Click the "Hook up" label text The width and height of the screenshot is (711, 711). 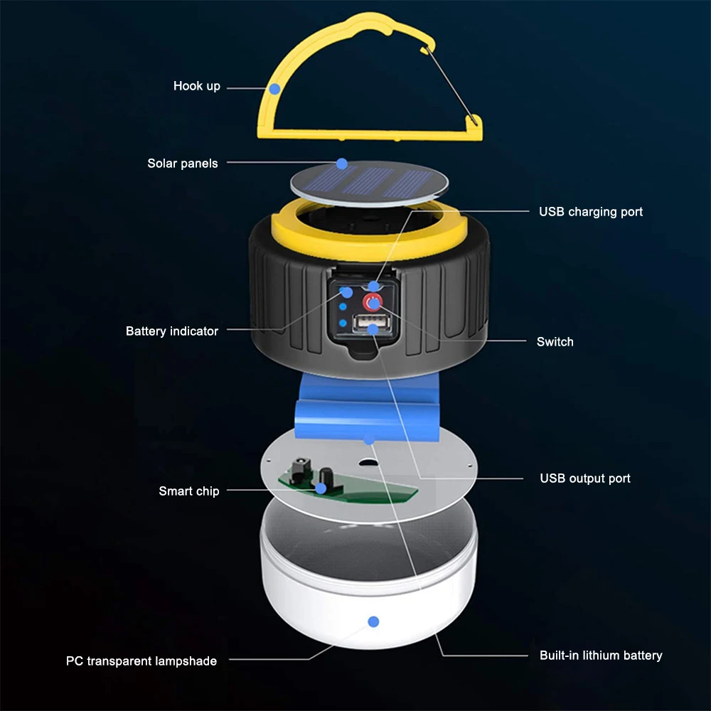(x=197, y=86)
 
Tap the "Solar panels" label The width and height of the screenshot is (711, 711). (x=183, y=164)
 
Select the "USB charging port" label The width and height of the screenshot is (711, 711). (x=590, y=212)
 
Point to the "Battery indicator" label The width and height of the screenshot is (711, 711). (x=172, y=331)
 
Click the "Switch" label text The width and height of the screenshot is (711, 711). (x=555, y=342)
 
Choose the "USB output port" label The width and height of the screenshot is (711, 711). (x=584, y=479)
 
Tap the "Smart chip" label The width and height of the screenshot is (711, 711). (x=189, y=491)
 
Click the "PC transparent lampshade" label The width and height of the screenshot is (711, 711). (x=141, y=661)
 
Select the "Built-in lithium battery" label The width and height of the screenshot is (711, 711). (x=601, y=656)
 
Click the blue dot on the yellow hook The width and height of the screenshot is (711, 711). (x=274, y=89)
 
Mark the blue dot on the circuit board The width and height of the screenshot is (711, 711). (x=321, y=488)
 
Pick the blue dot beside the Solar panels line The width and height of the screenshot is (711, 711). (x=342, y=164)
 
